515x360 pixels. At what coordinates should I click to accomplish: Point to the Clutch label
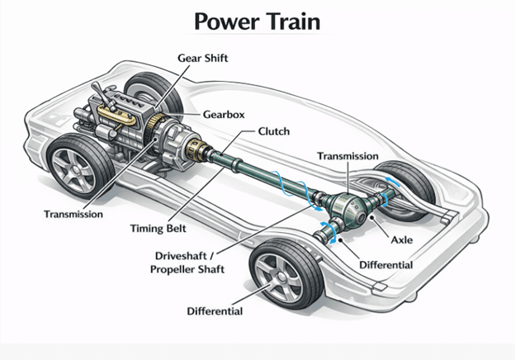(x=273, y=131)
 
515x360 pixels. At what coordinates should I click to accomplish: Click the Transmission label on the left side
(x=73, y=214)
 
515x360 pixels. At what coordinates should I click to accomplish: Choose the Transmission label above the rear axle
(x=347, y=156)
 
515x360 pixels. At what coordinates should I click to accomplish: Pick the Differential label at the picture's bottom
(x=214, y=311)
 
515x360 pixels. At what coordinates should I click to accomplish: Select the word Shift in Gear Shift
(x=220, y=57)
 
